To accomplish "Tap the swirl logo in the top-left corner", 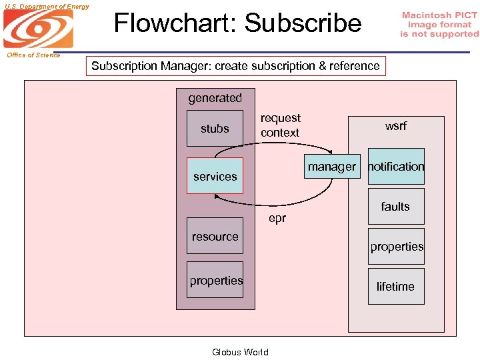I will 38,30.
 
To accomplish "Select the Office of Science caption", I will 33,55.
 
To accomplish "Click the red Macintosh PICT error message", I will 439,25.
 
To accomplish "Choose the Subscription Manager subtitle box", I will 236,66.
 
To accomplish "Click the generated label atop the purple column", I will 215,98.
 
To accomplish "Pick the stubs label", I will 215,129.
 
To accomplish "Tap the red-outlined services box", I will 215,176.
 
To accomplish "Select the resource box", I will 215,236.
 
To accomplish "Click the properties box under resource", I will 215,281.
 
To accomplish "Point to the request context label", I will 280,125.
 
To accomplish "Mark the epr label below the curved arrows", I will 277,218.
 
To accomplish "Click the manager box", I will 331,167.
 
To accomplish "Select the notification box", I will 396,167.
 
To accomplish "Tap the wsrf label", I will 395,126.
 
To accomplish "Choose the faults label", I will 395,207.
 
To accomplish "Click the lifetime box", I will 395,287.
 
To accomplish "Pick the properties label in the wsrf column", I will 397,247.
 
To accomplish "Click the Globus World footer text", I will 240,352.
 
